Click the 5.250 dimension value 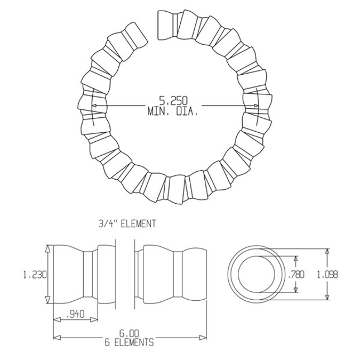pyautogui.click(x=173, y=100)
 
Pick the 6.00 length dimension pyautogui.click(x=128, y=332)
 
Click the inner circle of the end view pyautogui.click(x=256, y=274)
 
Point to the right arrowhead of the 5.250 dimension pyautogui.click(x=255, y=105)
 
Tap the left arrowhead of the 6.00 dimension pyautogui.click(x=56, y=338)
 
